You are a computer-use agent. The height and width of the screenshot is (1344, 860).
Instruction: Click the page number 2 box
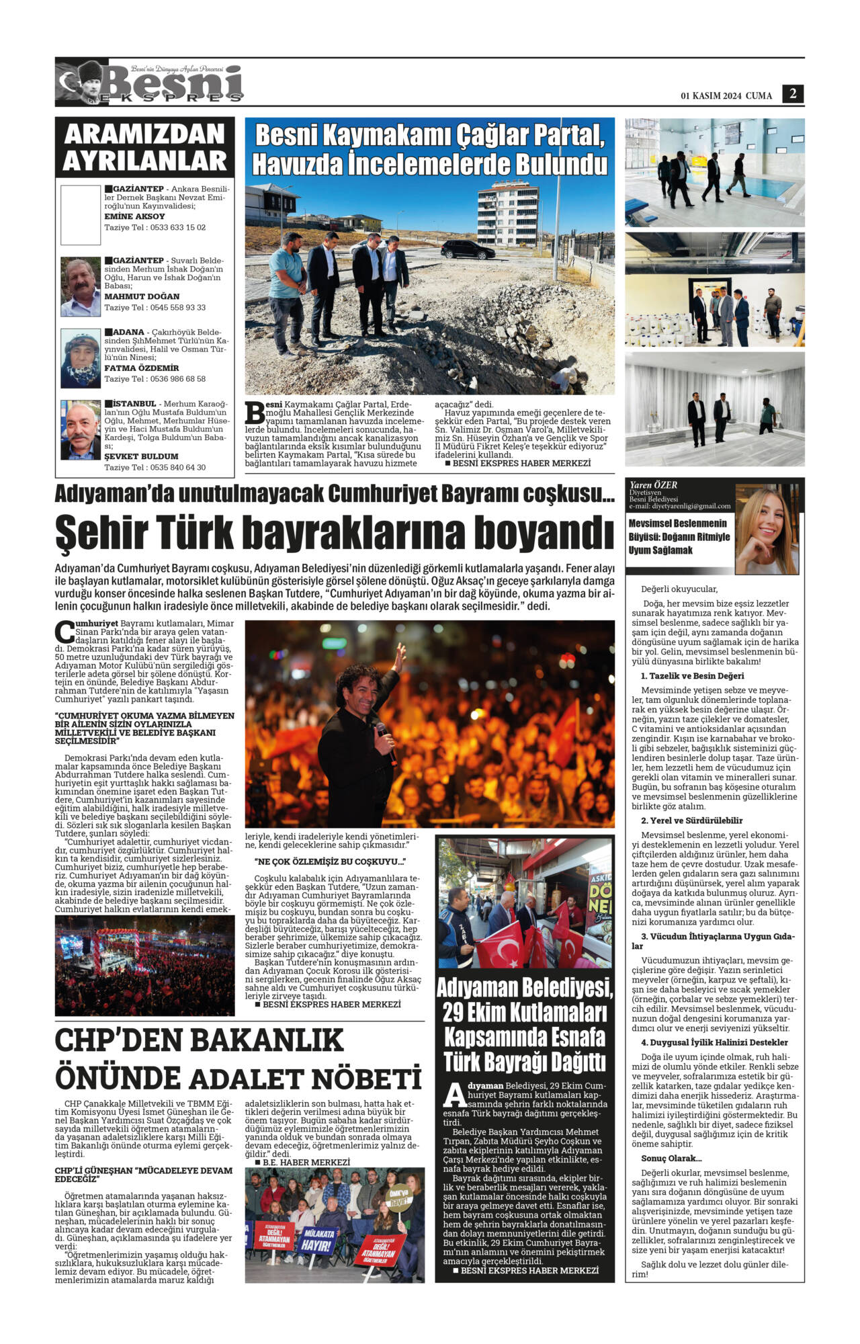793,94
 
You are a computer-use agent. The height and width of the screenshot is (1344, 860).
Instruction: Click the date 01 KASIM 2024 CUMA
726,96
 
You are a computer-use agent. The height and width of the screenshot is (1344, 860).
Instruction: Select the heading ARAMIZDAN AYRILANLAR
144,147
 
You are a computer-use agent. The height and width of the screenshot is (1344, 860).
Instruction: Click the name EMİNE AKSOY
134,216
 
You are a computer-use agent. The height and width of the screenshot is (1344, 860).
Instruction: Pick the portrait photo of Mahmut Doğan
81,286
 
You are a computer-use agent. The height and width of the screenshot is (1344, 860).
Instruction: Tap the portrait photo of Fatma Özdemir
81,358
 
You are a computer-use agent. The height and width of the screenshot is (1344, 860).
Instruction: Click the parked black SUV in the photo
468,250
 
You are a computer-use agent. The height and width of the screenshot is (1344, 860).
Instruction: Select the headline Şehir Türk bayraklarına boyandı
334,532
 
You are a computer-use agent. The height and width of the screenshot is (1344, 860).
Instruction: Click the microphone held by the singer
384,733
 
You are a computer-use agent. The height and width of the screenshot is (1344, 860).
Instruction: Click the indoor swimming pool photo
714,173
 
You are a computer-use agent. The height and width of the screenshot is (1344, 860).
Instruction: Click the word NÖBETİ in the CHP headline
366,1079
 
